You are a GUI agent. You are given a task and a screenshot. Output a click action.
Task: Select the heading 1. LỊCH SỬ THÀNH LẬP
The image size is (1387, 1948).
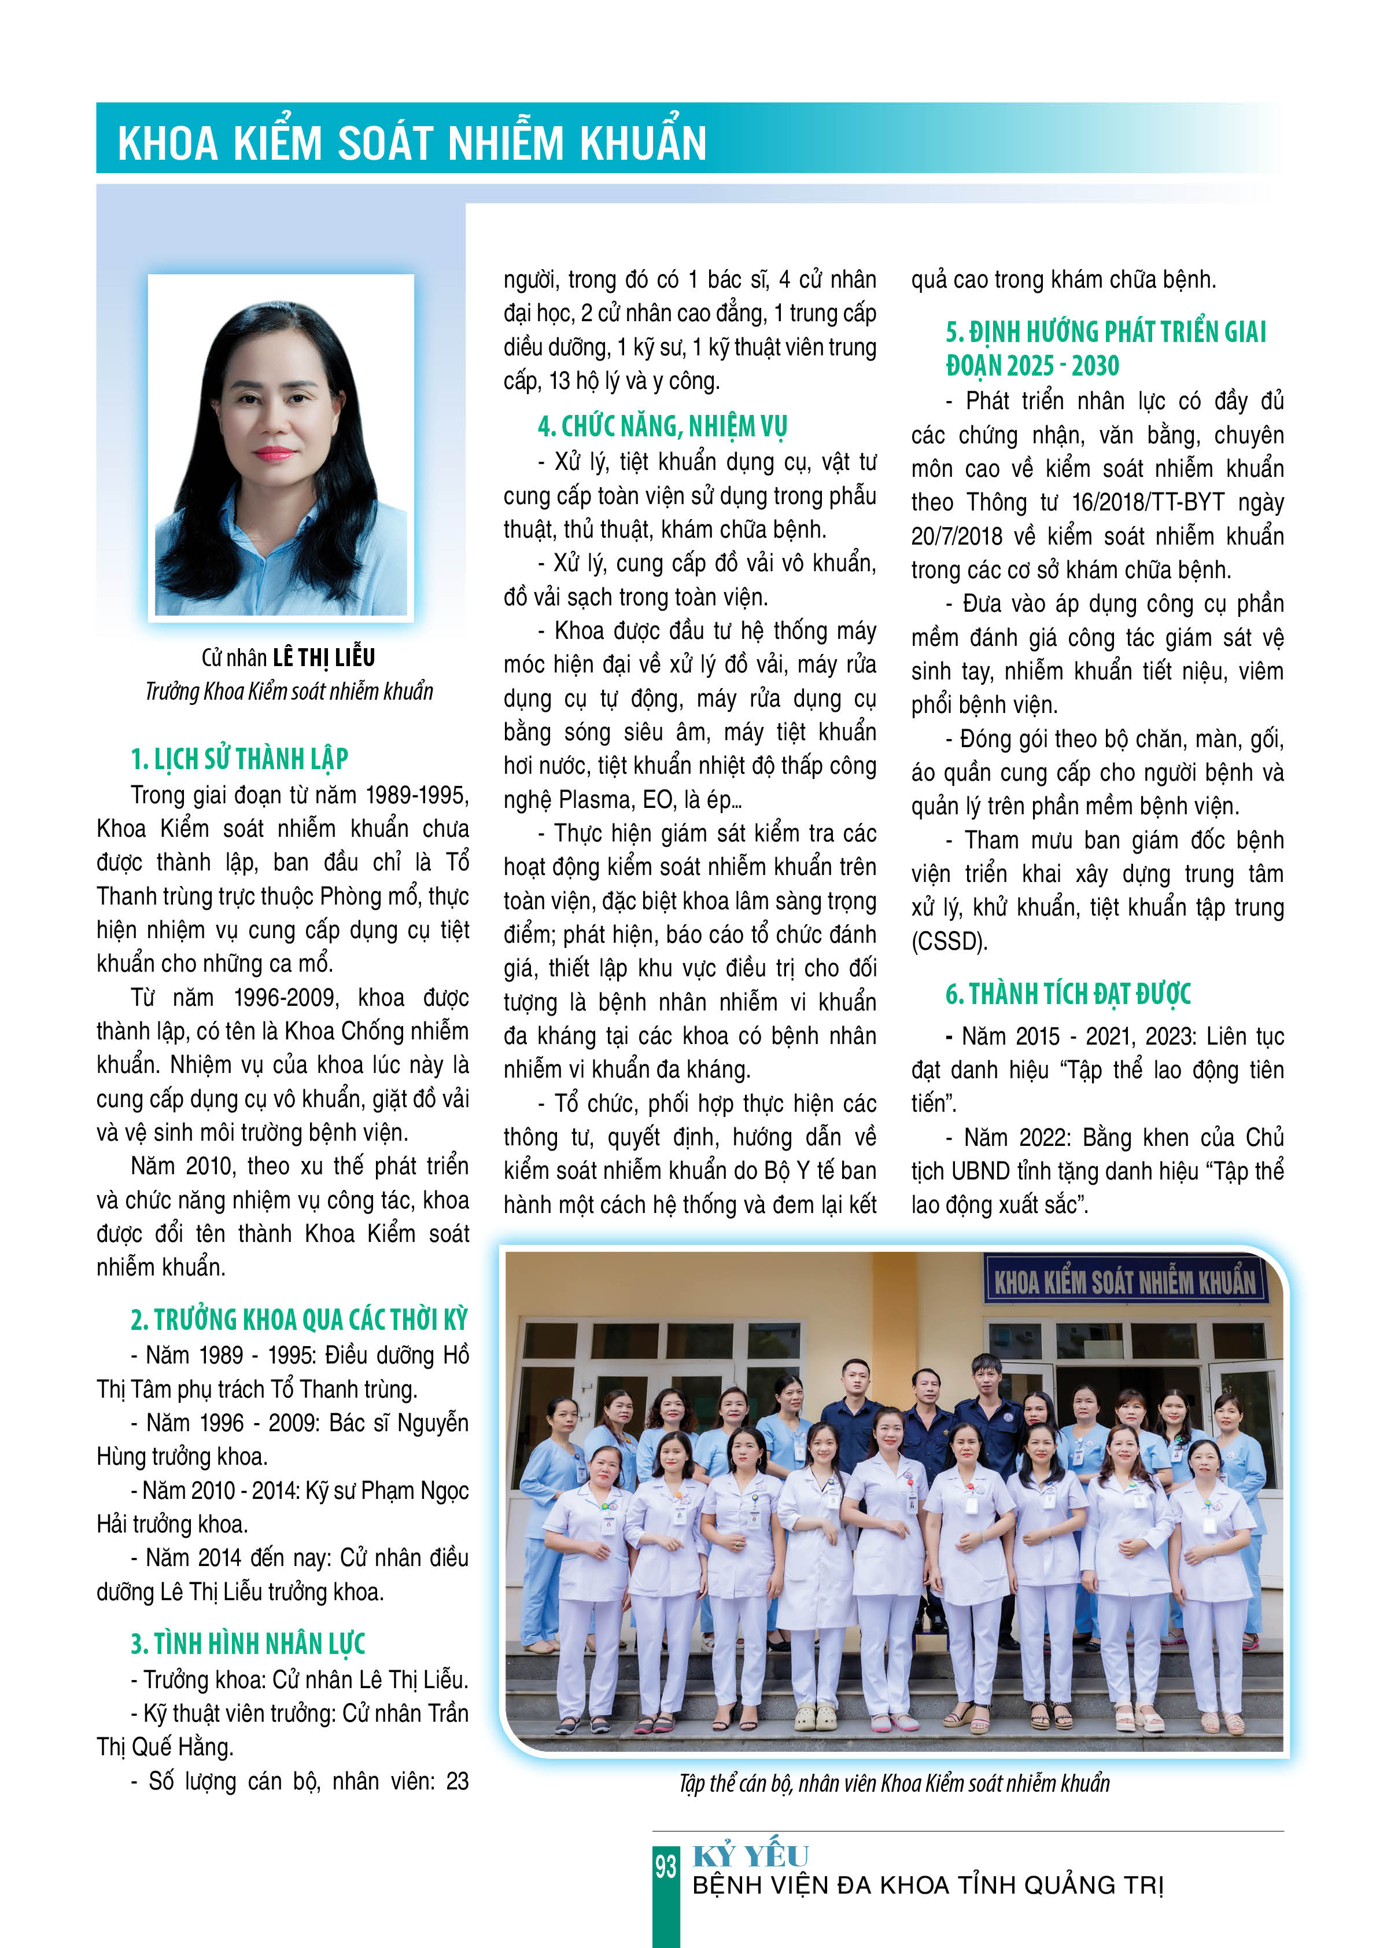click(239, 759)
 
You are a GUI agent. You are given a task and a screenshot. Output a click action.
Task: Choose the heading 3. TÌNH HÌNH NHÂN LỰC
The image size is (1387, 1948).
click(248, 1643)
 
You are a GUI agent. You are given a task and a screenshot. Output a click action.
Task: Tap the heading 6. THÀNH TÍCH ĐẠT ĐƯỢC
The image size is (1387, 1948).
click(1068, 994)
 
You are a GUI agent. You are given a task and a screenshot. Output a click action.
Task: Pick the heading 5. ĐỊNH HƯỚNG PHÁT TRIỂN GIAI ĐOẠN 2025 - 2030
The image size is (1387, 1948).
click(1105, 348)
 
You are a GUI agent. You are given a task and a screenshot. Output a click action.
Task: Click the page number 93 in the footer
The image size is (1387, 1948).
click(665, 1866)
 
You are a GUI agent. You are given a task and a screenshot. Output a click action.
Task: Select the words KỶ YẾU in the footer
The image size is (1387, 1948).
click(750, 1856)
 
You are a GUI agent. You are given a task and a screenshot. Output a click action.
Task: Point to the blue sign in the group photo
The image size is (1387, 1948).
click(1125, 1280)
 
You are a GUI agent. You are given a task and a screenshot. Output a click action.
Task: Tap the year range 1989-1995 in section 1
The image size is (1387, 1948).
click(417, 795)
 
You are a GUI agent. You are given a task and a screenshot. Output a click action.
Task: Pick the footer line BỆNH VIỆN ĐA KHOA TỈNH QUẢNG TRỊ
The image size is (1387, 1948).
click(928, 1885)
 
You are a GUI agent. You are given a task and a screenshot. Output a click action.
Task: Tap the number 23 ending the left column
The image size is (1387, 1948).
click(458, 1781)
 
